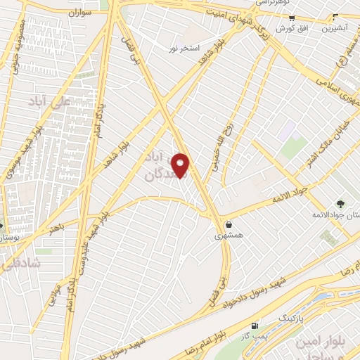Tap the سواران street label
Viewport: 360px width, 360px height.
[x=80, y=13]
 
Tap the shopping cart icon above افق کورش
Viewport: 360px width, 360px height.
[x=285, y=16]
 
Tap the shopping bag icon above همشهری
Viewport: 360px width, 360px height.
[x=229, y=224]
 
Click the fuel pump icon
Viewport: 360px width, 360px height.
[x=255, y=325]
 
